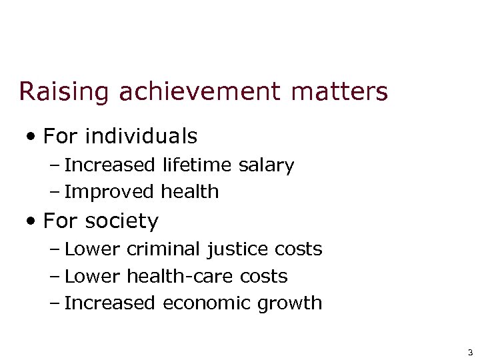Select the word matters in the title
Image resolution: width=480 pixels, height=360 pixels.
tap(339, 92)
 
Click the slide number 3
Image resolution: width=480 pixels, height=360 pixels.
tap(470, 353)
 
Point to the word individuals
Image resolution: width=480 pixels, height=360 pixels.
tap(141, 137)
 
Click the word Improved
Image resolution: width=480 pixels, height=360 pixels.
tap(110, 192)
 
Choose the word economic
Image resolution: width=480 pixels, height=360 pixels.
tap(209, 303)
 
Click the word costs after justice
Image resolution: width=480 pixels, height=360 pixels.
tap(298, 250)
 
